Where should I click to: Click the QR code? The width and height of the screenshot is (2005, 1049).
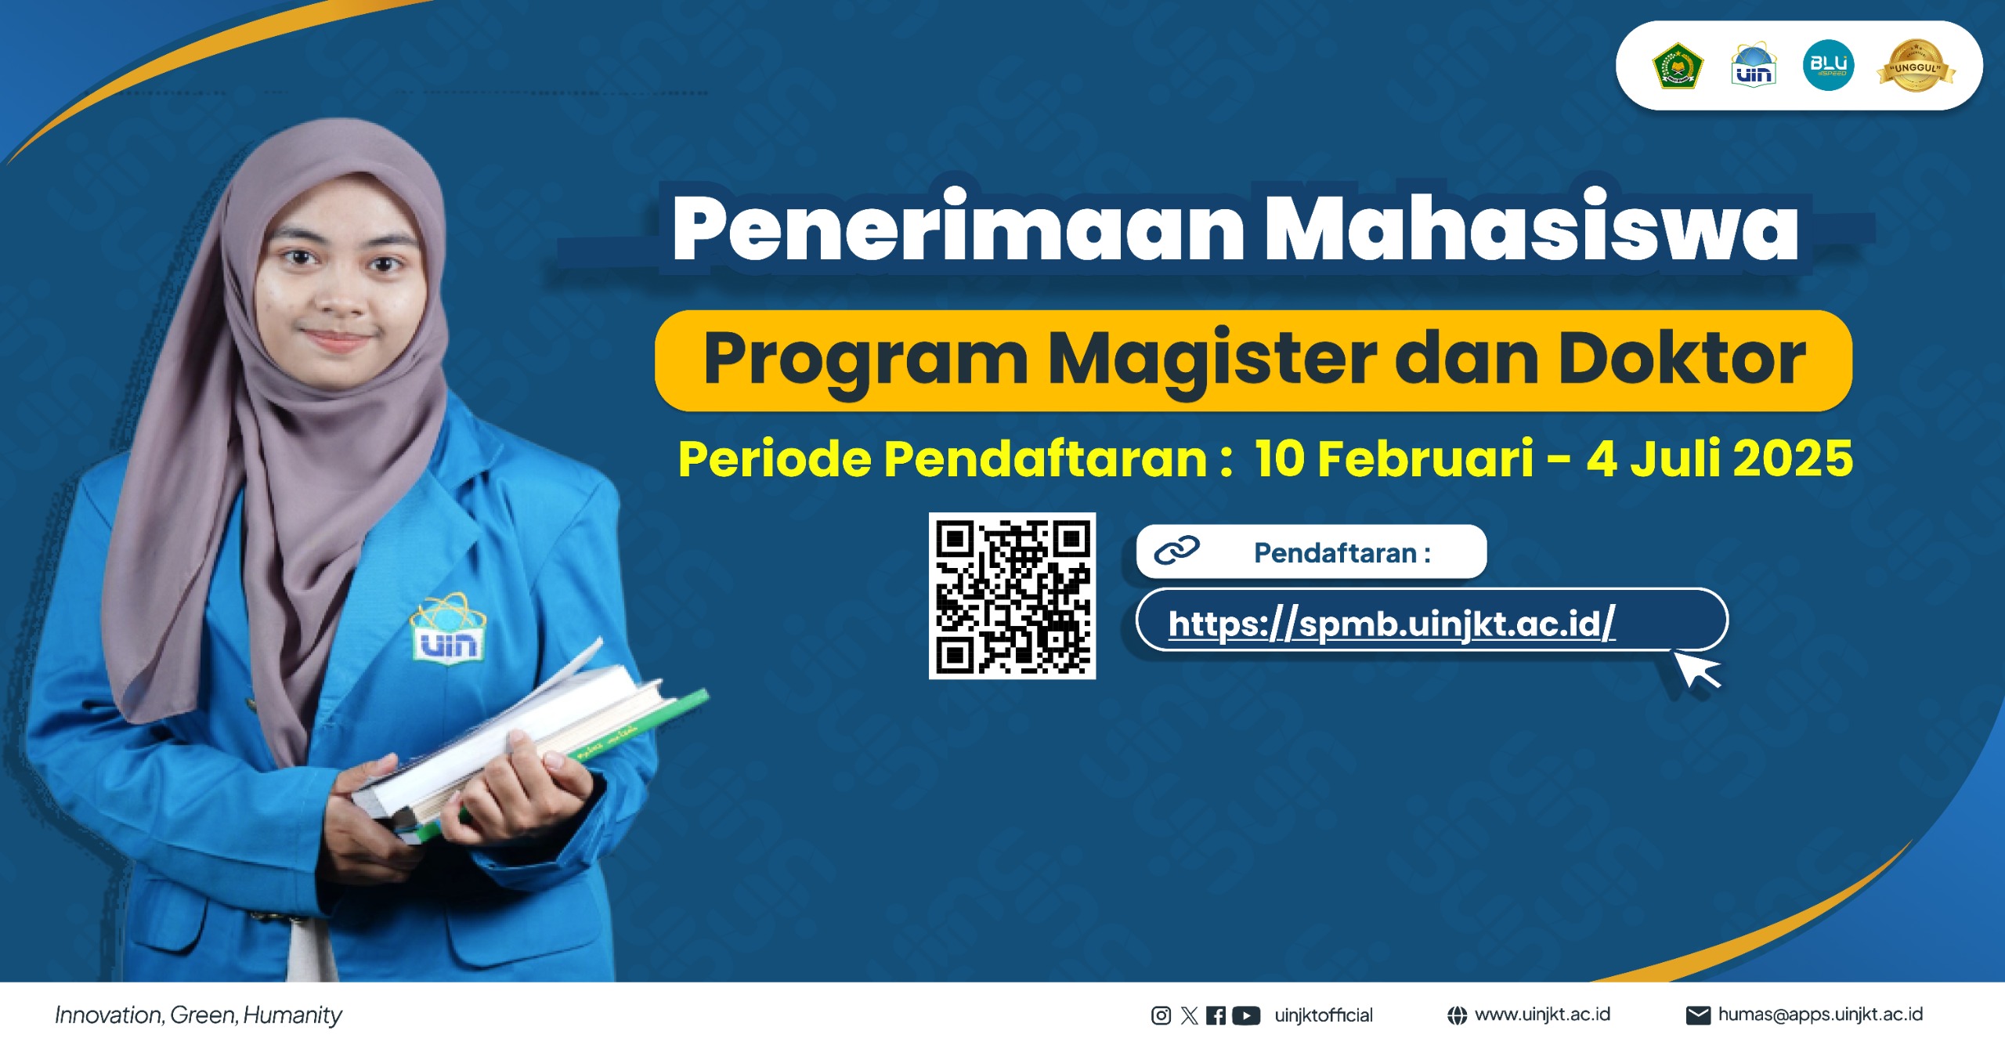1012,595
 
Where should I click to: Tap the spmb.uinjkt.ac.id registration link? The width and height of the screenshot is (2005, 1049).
1391,624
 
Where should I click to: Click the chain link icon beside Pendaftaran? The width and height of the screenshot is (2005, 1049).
1176,551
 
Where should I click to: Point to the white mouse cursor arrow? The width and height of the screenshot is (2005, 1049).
1696,670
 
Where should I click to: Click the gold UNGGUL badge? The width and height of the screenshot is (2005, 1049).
1916,66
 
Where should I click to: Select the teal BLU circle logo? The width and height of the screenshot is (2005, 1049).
1828,66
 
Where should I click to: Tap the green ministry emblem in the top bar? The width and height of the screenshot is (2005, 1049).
1678,66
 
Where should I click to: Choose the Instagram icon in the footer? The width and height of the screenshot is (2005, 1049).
1161,1015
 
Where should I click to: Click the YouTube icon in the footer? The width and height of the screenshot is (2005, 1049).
1245,1015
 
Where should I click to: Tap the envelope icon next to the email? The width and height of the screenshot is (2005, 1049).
1697,1015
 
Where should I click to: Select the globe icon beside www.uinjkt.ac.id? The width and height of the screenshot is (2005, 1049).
1457,1015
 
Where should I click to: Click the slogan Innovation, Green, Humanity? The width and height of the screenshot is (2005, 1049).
198,1015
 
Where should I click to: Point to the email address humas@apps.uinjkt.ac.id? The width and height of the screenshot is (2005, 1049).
1820,1015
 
